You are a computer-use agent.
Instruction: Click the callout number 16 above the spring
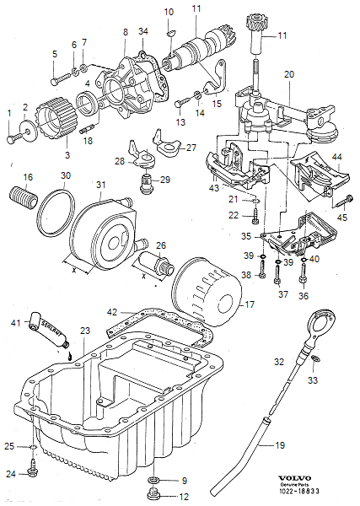[x=28, y=177]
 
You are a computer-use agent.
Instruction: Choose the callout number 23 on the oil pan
[x=84, y=331]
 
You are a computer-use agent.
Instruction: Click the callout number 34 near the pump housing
[x=142, y=31]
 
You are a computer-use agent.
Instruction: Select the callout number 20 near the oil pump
[x=288, y=75]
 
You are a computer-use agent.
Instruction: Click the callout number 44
[x=336, y=158]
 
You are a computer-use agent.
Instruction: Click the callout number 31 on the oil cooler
[x=100, y=185]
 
